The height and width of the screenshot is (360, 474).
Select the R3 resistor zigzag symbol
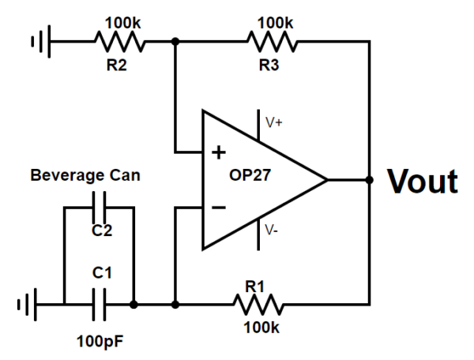click(272, 40)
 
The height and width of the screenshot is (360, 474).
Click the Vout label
click(422, 182)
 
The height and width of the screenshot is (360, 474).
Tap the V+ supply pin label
click(274, 122)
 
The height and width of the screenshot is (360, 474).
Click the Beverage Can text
click(85, 175)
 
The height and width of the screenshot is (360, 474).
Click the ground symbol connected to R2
click(39, 40)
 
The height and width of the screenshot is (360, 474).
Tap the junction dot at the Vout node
click(370, 180)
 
